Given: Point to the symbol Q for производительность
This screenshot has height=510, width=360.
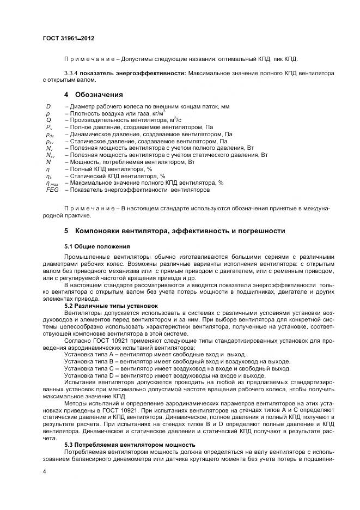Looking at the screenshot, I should coord(48,119).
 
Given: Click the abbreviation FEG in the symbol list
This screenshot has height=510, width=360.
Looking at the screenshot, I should coord(52,190).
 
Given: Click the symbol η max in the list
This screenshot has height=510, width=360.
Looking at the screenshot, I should coord(52,183).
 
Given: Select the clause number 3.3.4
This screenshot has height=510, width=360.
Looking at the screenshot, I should coord(73,72).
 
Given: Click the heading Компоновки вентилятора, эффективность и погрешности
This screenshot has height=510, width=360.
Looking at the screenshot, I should coord(180,230).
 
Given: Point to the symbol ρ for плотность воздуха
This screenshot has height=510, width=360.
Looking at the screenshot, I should coord(48,113).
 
